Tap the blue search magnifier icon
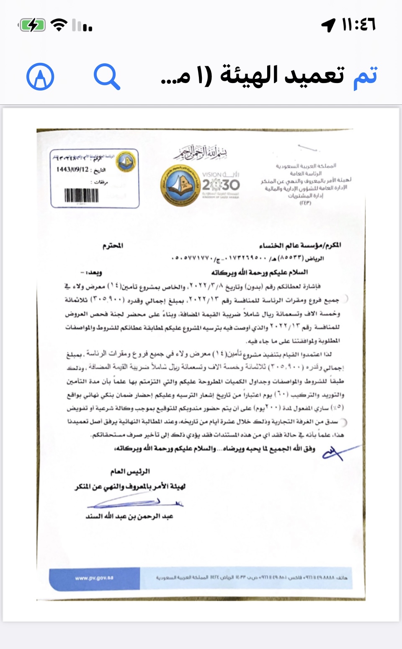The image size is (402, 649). click(107, 77)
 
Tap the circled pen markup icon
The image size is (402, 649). click(40, 77)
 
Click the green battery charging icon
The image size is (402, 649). click(32, 25)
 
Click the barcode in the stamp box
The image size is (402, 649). click(81, 196)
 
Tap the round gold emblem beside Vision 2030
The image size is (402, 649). click(180, 185)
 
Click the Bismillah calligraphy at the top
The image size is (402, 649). click(201, 153)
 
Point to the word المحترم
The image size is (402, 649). click(113, 245)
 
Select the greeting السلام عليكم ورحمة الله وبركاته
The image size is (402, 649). click(259, 273)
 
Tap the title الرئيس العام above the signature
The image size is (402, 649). click(130, 472)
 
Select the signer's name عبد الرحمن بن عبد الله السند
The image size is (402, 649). click(129, 516)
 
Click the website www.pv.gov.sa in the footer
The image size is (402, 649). click(94, 578)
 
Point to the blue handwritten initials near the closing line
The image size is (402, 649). click(337, 453)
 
